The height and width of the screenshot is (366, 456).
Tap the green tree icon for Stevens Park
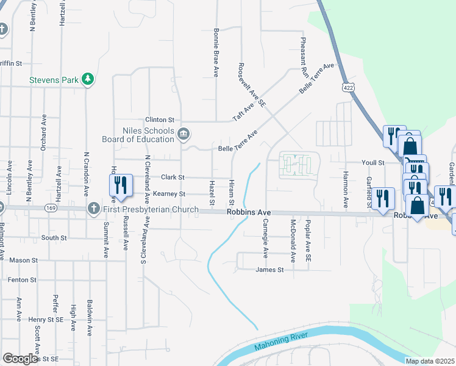coord(88,79)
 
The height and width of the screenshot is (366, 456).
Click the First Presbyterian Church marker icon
coord(93,209)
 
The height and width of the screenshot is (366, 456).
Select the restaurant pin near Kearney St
coord(120,185)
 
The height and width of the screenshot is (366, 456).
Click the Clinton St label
coord(160,120)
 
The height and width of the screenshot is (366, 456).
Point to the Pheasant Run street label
coord(303,55)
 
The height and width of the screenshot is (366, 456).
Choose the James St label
coord(270,270)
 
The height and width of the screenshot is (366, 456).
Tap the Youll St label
coord(372,163)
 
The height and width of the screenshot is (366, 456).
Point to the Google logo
coord(20,359)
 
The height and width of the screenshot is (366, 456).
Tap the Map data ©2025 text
coord(430,361)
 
